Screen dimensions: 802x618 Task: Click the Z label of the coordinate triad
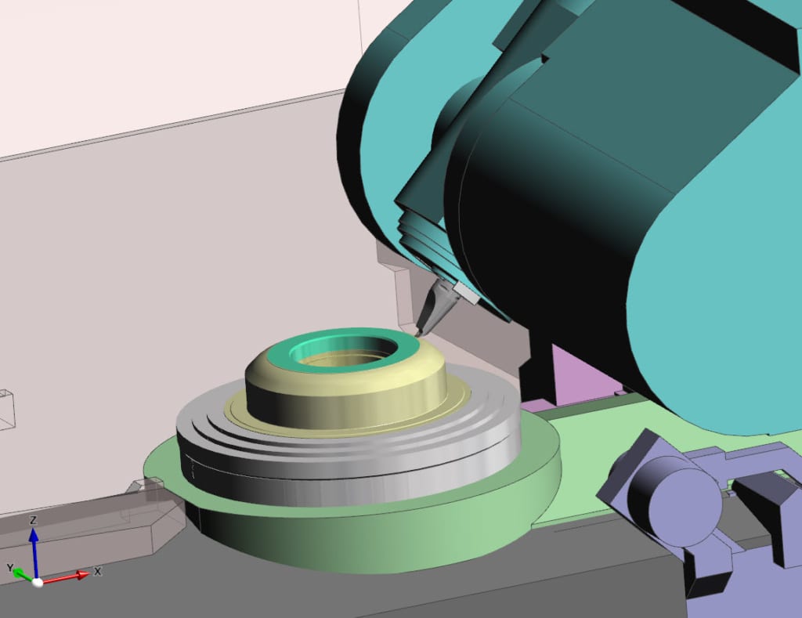pos(33,520)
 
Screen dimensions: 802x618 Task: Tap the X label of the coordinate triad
pos(97,571)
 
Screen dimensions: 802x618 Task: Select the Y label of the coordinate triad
pos(10,568)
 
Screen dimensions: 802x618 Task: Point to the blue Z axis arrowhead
pos(34,535)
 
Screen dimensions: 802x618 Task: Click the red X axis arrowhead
pos(83,575)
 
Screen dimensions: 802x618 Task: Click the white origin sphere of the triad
pos(37,582)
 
